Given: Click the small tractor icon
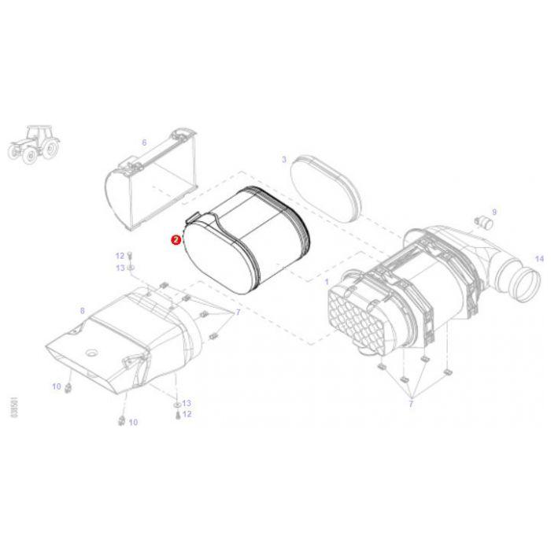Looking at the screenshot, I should pyautogui.click(x=33, y=143).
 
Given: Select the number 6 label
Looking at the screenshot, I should pyautogui.click(x=144, y=142).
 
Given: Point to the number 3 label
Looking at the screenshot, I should pyautogui.click(x=283, y=159).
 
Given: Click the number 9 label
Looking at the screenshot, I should pyautogui.click(x=494, y=212).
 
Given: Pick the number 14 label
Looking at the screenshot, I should pyautogui.click(x=539, y=258).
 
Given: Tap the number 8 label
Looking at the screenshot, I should pyautogui.click(x=82, y=311).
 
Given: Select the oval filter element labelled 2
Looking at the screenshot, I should pyautogui.click(x=244, y=240).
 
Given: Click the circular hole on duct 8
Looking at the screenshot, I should pyautogui.click(x=89, y=349).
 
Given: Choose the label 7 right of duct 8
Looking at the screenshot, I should pyautogui.click(x=238, y=312).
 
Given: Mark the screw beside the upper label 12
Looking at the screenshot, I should pyautogui.click(x=130, y=256).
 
